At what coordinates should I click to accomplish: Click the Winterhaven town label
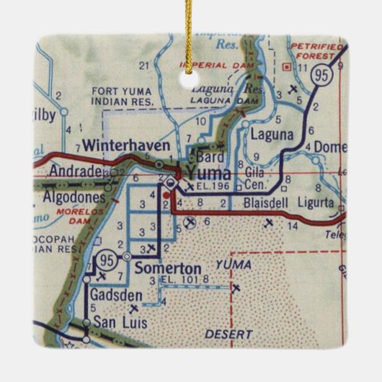[x=127, y=146]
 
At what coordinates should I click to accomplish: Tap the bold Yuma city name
[x=208, y=172]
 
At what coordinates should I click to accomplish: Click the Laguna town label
[x=272, y=134]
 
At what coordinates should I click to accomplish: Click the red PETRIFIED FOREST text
[x=316, y=51]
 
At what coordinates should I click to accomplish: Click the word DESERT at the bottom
[x=228, y=334]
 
